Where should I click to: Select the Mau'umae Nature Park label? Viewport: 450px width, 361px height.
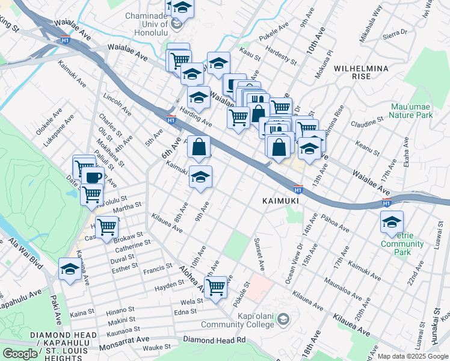[411, 110]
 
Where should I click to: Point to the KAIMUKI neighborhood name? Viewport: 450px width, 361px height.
[280, 199]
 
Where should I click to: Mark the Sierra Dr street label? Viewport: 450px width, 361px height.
[395, 36]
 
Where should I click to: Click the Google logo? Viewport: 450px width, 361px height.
[20, 354]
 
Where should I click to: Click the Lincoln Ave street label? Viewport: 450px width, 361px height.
[117, 104]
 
